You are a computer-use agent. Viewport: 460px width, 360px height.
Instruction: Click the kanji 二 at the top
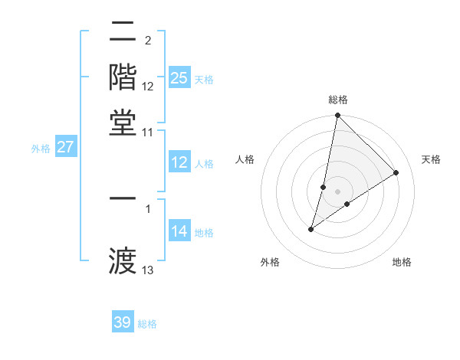[x=123, y=33]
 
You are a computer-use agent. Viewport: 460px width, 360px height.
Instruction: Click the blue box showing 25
[x=179, y=78]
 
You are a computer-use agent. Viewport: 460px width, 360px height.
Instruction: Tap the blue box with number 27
[x=65, y=147]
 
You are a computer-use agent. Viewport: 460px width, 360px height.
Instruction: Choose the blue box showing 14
[x=179, y=231]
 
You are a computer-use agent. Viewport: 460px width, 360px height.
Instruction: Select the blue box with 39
[x=123, y=322]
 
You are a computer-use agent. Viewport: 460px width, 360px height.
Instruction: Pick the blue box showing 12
[x=179, y=162]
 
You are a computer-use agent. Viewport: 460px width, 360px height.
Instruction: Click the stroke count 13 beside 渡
[x=148, y=270]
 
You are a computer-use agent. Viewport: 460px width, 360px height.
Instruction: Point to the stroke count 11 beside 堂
[x=148, y=132]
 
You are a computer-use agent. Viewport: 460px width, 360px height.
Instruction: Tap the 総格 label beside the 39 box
[x=148, y=324]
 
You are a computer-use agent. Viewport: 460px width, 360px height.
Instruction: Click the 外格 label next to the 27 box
[x=41, y=149]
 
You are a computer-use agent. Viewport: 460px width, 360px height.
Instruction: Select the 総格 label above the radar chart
[x=337, y=100]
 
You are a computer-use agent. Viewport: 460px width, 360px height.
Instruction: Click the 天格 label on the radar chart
[x=431, y=159]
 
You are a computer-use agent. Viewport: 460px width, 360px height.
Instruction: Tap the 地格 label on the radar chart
[x=402, y=262]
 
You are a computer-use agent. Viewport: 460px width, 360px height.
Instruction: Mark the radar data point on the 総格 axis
[x=337, y=116]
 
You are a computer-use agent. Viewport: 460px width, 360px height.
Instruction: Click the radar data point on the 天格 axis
[x=396, y=172]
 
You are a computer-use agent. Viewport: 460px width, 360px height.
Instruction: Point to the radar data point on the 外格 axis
[x=311, y=228]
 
